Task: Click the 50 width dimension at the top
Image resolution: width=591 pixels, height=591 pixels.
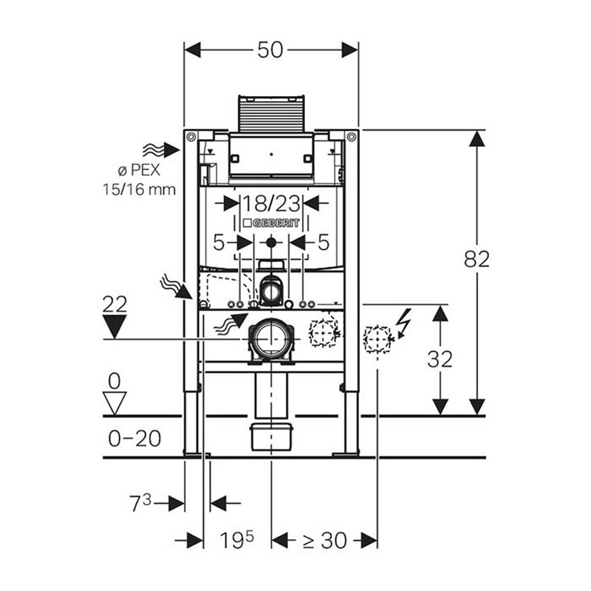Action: (x=270, y=50)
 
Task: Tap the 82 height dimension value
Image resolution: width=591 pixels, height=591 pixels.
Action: (x=476, y=259)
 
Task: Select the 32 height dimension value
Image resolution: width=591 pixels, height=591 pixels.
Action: (x=440, y=359)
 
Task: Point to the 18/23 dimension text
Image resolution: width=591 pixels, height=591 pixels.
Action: (x=270, y=204)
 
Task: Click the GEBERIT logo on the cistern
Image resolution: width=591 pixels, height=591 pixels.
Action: (x=271, y=223)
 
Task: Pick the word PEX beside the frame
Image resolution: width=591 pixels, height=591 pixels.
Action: (x=144, y=171)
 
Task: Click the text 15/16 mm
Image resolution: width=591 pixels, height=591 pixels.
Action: (x=140, y=189)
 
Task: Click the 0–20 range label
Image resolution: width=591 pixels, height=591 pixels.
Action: (x=134, y=438)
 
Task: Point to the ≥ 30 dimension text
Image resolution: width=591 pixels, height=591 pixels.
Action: (x=325, y=541)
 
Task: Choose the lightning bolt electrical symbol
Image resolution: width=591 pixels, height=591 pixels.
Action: (x=403, y=322)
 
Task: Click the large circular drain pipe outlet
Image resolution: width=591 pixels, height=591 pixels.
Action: (x=271, y=339)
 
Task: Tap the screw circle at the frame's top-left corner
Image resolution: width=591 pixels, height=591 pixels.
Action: (x=191, y=136)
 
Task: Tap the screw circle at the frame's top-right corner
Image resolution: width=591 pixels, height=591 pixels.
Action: (x=352, y=136)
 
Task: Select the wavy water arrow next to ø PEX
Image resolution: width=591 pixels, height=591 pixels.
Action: (x=160, y=151)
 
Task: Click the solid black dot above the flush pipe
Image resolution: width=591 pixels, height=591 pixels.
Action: (x=271, y=243)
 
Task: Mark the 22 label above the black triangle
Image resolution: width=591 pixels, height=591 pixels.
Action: (x=115, y=305)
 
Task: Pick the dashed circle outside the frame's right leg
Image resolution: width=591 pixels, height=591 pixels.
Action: (x=378, y=339)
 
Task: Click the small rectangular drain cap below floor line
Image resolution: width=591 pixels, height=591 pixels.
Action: (x=271, y=437)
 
